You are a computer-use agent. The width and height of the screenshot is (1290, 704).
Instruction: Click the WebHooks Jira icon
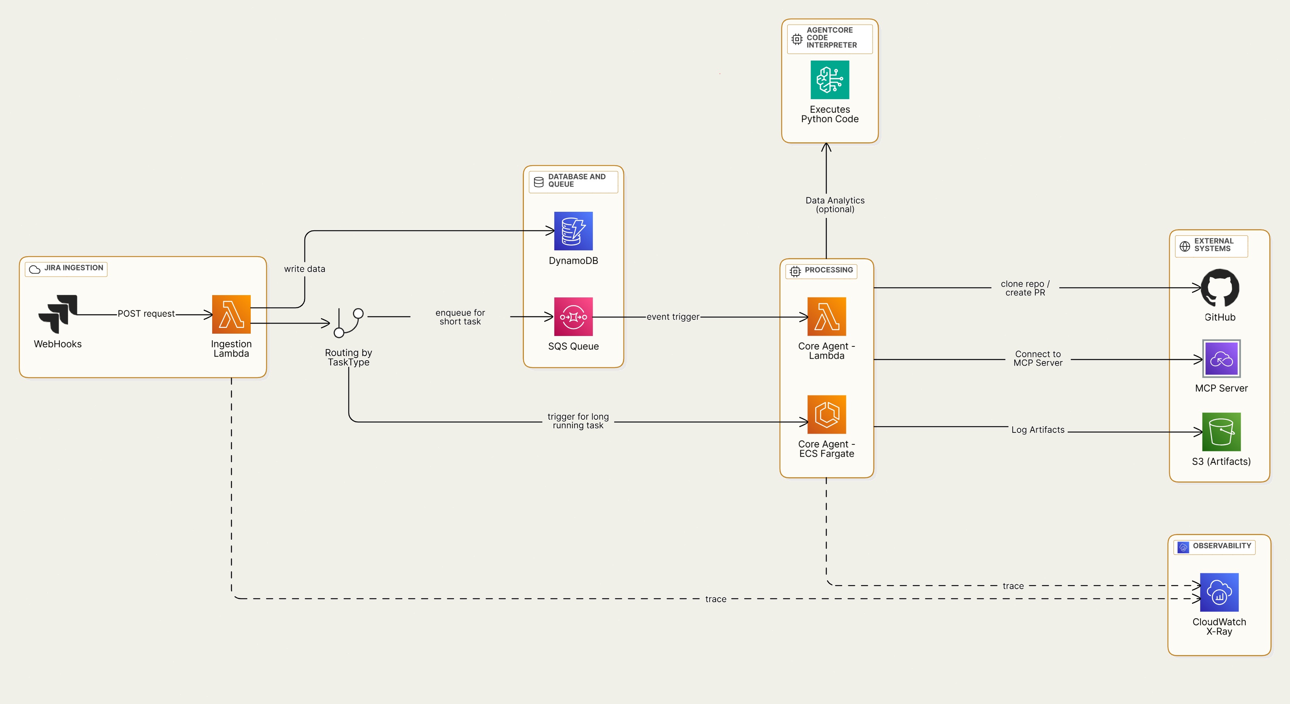point(58,314)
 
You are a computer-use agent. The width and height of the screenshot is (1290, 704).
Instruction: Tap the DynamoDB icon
point(573,231)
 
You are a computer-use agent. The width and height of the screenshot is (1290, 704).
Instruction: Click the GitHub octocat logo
point(1220,287)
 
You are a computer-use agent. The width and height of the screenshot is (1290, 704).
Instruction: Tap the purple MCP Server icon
point(1221,358)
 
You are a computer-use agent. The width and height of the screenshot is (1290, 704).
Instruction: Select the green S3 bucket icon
point(1221,432)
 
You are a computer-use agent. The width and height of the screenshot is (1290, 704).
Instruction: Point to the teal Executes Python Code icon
point(829,79)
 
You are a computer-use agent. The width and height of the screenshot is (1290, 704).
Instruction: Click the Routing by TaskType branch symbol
point(349,322)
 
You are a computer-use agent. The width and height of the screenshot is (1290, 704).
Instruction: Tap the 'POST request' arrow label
point(146,314)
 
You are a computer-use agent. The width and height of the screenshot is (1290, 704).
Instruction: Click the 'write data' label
point(304,269)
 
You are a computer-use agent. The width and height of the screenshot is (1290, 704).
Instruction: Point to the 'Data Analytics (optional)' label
point(835,205)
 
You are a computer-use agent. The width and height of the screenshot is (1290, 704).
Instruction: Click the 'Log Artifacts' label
point(1038,430)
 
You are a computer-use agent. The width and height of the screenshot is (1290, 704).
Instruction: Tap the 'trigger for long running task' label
point(578,420)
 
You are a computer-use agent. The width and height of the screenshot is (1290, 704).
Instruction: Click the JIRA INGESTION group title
point(73,268)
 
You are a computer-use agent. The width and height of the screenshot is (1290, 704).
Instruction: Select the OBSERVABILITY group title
point(1221,546)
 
